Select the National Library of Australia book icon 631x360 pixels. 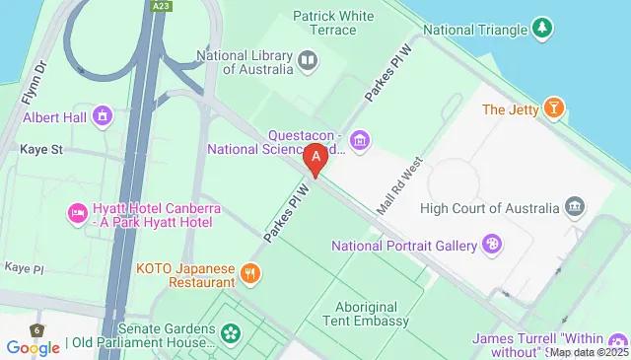point(308,62)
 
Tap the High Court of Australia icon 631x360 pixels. point(574,207)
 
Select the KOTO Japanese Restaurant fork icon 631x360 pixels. point(250,272)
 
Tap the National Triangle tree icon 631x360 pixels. point(541,30)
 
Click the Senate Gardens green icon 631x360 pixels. point(231,333)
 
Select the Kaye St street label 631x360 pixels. point(41,150)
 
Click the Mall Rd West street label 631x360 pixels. point(399,186)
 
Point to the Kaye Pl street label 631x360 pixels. point(25,268)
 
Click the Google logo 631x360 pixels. point(33,347)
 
